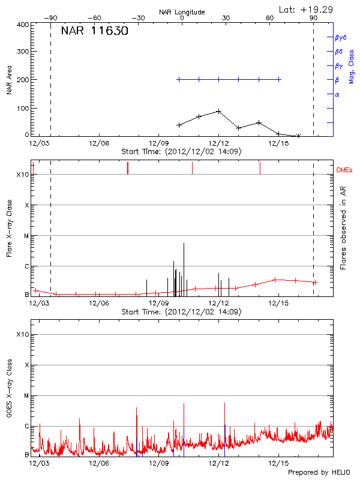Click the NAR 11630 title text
point(94,32)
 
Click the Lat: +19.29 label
point(307,9)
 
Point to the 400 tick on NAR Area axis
point(23,25)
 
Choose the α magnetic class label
point(337,94)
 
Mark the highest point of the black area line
point(219,111)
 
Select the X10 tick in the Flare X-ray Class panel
point(23,175)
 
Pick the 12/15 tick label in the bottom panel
point(279,463)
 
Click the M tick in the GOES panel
point(26,396)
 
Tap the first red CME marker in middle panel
point(128,168)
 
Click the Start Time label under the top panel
point(181,152)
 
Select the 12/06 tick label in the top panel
point(99,143)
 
